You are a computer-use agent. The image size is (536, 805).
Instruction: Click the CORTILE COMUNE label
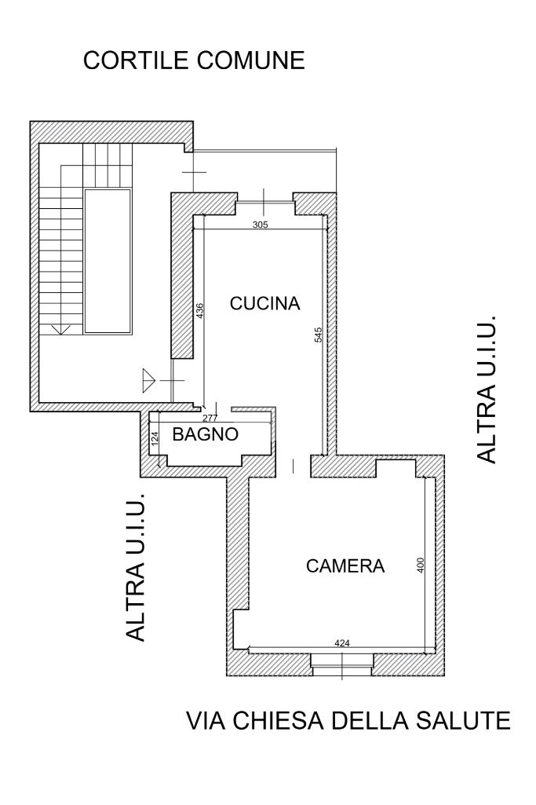pos(194,60)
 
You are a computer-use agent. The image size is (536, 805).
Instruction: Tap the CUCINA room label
pos(264,303)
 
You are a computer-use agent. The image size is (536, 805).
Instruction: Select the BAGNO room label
pos(205,434)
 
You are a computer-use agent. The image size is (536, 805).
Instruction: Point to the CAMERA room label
pos(345,565)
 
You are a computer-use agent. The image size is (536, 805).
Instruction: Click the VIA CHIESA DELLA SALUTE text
pos(348,720)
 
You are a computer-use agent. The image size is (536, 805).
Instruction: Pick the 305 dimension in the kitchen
pos(261,225)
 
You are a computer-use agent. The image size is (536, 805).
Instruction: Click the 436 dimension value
pos(200,310)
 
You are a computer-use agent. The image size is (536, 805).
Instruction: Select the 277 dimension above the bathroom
pos(210,417)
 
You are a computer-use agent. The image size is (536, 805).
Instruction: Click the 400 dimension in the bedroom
pos(421,565)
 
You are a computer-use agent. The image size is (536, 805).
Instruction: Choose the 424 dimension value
pos(342,642)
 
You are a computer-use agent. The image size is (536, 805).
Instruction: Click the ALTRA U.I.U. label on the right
pos(487,390)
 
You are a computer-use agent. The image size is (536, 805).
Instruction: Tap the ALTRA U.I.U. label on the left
pos(136,567)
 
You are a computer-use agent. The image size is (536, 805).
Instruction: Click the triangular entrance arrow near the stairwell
pos(149,380)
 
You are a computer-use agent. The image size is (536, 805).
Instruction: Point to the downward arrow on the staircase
pos(61,329)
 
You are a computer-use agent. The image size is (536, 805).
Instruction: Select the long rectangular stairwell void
pos(108,262)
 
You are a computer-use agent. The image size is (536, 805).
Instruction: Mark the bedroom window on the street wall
pos(342,665)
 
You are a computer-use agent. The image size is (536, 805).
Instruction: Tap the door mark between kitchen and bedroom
pos(293,466)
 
